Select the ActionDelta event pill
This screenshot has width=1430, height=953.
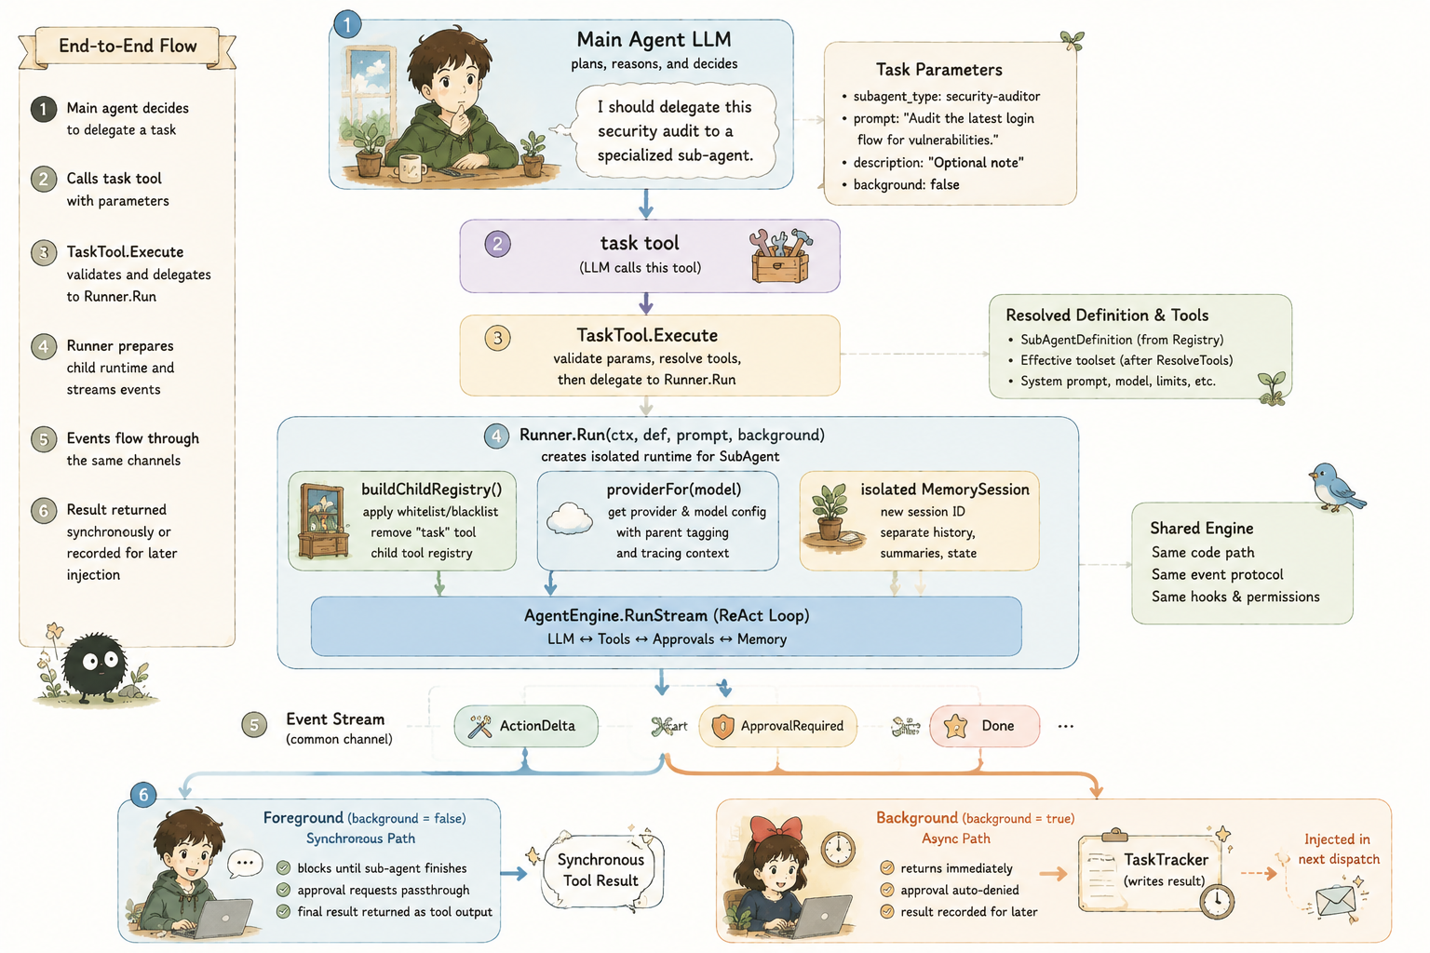coord(526,726)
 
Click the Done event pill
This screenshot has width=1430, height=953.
coord(984,726)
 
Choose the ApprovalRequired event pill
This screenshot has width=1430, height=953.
coord(777,726)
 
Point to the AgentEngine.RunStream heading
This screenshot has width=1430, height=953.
coord(667,615)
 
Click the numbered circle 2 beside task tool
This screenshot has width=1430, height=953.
coord(497,244)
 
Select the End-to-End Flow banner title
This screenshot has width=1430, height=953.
coord(128,46)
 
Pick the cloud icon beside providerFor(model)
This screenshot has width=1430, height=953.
coord(570,517)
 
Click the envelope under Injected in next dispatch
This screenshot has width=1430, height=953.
coord(1336,901)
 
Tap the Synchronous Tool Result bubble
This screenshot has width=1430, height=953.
coord(600,870)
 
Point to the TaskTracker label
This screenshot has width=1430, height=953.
coord(1166,860)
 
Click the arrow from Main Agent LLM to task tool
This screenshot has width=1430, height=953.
coord(646,204)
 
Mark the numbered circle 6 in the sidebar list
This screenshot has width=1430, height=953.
coord(44,511)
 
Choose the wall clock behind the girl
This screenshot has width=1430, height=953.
coord(838,850)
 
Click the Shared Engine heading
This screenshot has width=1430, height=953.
coord(1202,529)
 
